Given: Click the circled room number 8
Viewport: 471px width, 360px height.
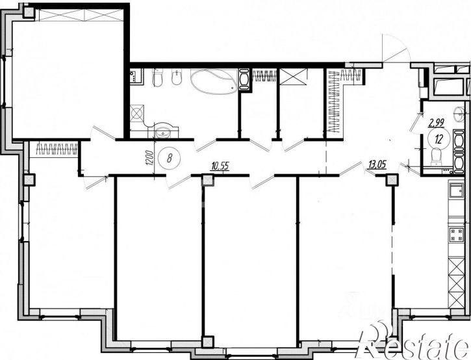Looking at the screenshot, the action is [x=170, y=158].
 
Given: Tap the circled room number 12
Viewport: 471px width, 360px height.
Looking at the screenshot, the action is [x=439, y=139].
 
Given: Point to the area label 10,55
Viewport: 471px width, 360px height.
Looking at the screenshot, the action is [x=220, y=166].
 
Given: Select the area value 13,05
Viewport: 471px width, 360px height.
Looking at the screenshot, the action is [x=377, y=164].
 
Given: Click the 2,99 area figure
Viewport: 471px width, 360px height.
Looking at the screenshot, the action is [x=437, y=123].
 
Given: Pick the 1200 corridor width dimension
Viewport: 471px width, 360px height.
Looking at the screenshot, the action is [x=151, y=158].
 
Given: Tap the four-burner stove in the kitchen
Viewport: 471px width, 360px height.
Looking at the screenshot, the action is [x=457, y=235].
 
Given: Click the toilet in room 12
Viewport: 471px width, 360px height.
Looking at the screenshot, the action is [x=435, y=157].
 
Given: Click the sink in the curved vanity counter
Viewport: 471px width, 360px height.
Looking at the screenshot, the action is [x=163, y=132].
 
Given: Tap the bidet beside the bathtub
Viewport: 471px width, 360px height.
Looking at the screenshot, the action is [x=176, y=78].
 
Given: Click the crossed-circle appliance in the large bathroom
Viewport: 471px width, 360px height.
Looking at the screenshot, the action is [x=136, y=114].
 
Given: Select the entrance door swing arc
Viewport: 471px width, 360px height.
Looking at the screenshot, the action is [x=396, y=48].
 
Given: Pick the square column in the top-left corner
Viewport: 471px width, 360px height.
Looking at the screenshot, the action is [x=29, y=12].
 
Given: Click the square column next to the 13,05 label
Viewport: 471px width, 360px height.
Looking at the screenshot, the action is [x=391, y=180].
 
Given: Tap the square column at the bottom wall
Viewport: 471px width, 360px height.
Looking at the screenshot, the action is [x=207, y=342].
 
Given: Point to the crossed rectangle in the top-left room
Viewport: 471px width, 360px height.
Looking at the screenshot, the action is [x=81, y=15].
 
